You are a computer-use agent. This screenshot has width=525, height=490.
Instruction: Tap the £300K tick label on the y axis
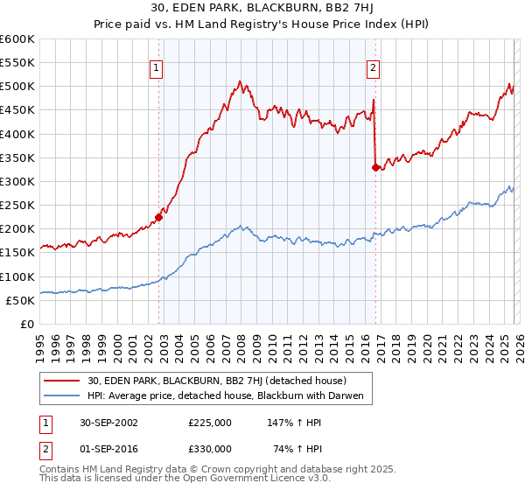coord(17,181)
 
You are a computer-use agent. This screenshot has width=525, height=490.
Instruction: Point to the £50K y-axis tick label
coord(21,300)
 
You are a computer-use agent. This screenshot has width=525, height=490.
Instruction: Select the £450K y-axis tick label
coord(17,110)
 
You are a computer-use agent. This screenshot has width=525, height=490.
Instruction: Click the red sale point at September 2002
coord(159,217)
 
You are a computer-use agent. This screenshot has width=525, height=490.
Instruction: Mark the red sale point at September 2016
coord(375,167)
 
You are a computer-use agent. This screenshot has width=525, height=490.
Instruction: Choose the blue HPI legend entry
coord(230,395)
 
